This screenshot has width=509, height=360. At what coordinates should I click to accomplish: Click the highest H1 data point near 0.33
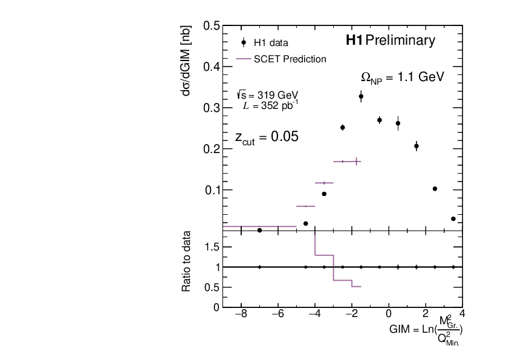tap(361, 96)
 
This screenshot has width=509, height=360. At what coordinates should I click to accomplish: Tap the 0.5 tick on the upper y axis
tap(212, 26)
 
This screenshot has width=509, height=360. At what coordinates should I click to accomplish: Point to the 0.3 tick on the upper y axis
tap(212, 108)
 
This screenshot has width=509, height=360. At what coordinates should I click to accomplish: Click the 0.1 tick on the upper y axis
tap(212, 190)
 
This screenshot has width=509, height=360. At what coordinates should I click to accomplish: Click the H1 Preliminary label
tap(390, 41)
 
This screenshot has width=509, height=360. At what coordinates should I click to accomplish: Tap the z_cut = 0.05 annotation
tap(267, 137)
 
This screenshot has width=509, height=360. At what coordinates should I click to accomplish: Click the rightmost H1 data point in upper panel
tap(453, 218)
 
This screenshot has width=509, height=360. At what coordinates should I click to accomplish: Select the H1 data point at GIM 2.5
tap(435, 189)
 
